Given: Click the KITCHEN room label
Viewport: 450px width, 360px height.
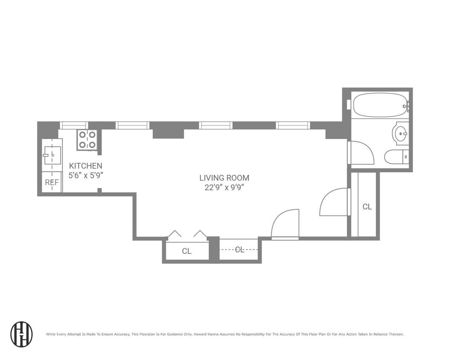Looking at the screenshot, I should (x=86, y=166).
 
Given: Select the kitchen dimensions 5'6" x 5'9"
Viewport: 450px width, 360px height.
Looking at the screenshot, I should (x=86, y=175).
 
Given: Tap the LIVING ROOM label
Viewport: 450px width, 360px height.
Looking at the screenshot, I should (x=224, y=178).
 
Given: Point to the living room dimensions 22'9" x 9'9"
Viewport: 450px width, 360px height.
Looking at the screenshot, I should (x=224, y=187).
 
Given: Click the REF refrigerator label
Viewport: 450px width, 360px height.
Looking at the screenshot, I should (x=52, y=183).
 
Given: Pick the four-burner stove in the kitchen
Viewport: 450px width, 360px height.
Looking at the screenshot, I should (x=87, y=139).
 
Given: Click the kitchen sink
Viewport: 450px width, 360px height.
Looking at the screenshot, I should (x=52, y=155).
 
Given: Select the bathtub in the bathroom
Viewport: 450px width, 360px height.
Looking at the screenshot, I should (x=378, y=105).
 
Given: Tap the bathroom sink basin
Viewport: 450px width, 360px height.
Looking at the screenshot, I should (x=401, y=134).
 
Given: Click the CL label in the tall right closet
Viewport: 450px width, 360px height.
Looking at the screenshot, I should (x=367, y=207).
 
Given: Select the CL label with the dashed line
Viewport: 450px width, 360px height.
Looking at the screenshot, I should (x=239, y=250).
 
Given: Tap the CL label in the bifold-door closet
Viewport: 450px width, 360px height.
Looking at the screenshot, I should (x=186, y=251).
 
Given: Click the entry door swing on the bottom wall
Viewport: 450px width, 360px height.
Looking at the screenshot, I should (x=285, y=224).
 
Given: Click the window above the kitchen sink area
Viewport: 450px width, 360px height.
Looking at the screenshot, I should (x=73, y=125).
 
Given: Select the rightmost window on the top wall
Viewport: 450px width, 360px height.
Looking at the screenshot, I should (x=293, y=125).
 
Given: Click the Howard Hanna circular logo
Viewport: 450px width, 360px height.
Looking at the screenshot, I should (x=21, y=334).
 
